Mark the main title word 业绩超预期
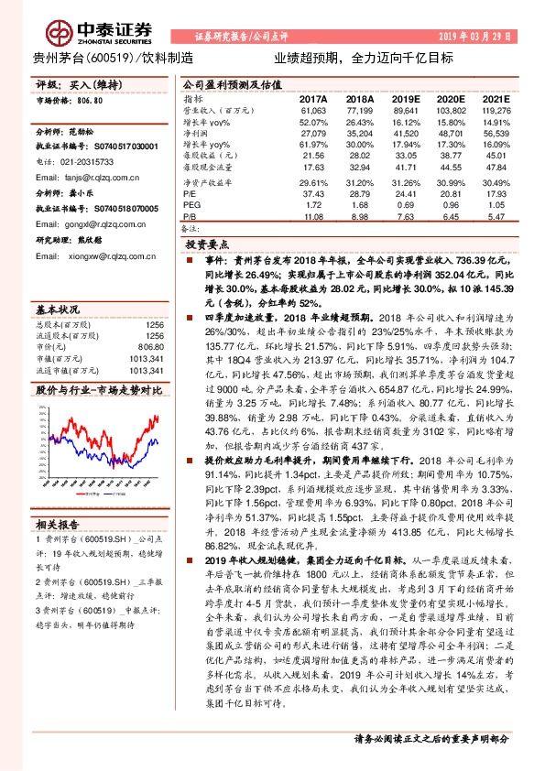click(300, 57)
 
